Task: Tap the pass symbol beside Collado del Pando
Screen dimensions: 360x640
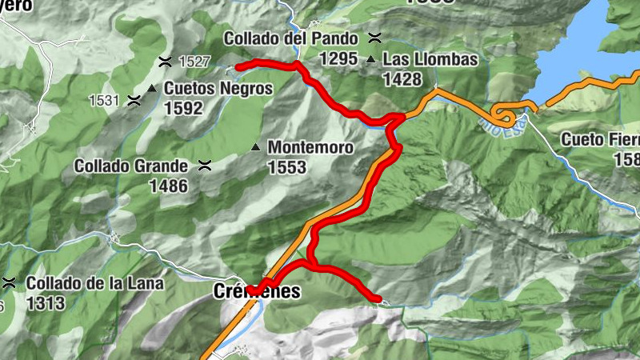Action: (x=374, y=37)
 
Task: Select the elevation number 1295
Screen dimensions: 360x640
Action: (x=337, y=58)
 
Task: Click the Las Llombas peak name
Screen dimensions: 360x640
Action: (x=430, y=59)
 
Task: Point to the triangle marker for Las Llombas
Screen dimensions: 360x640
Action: (x=371, y=60)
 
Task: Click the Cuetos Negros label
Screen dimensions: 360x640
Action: (x=218, y=88)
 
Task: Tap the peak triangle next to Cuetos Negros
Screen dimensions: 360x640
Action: (x=151, y=88)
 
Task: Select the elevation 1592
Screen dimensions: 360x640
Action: (x=182, y=108)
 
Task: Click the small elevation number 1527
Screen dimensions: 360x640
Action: (x=194, y=61)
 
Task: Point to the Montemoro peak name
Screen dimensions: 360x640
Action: (x=309, y=147)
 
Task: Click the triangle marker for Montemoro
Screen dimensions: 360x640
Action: (x=255, y=147)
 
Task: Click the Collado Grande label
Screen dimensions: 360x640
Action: (x=131, y=166)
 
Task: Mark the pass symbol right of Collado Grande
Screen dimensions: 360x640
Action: (x=204, y=166)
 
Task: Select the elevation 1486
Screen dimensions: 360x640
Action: (x=168, y=186)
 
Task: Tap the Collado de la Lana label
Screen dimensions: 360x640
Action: (x=94, y=283)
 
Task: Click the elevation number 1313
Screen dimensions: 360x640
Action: (x=45, y=303)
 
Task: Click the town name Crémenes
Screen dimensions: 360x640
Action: (x=258, y=292)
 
